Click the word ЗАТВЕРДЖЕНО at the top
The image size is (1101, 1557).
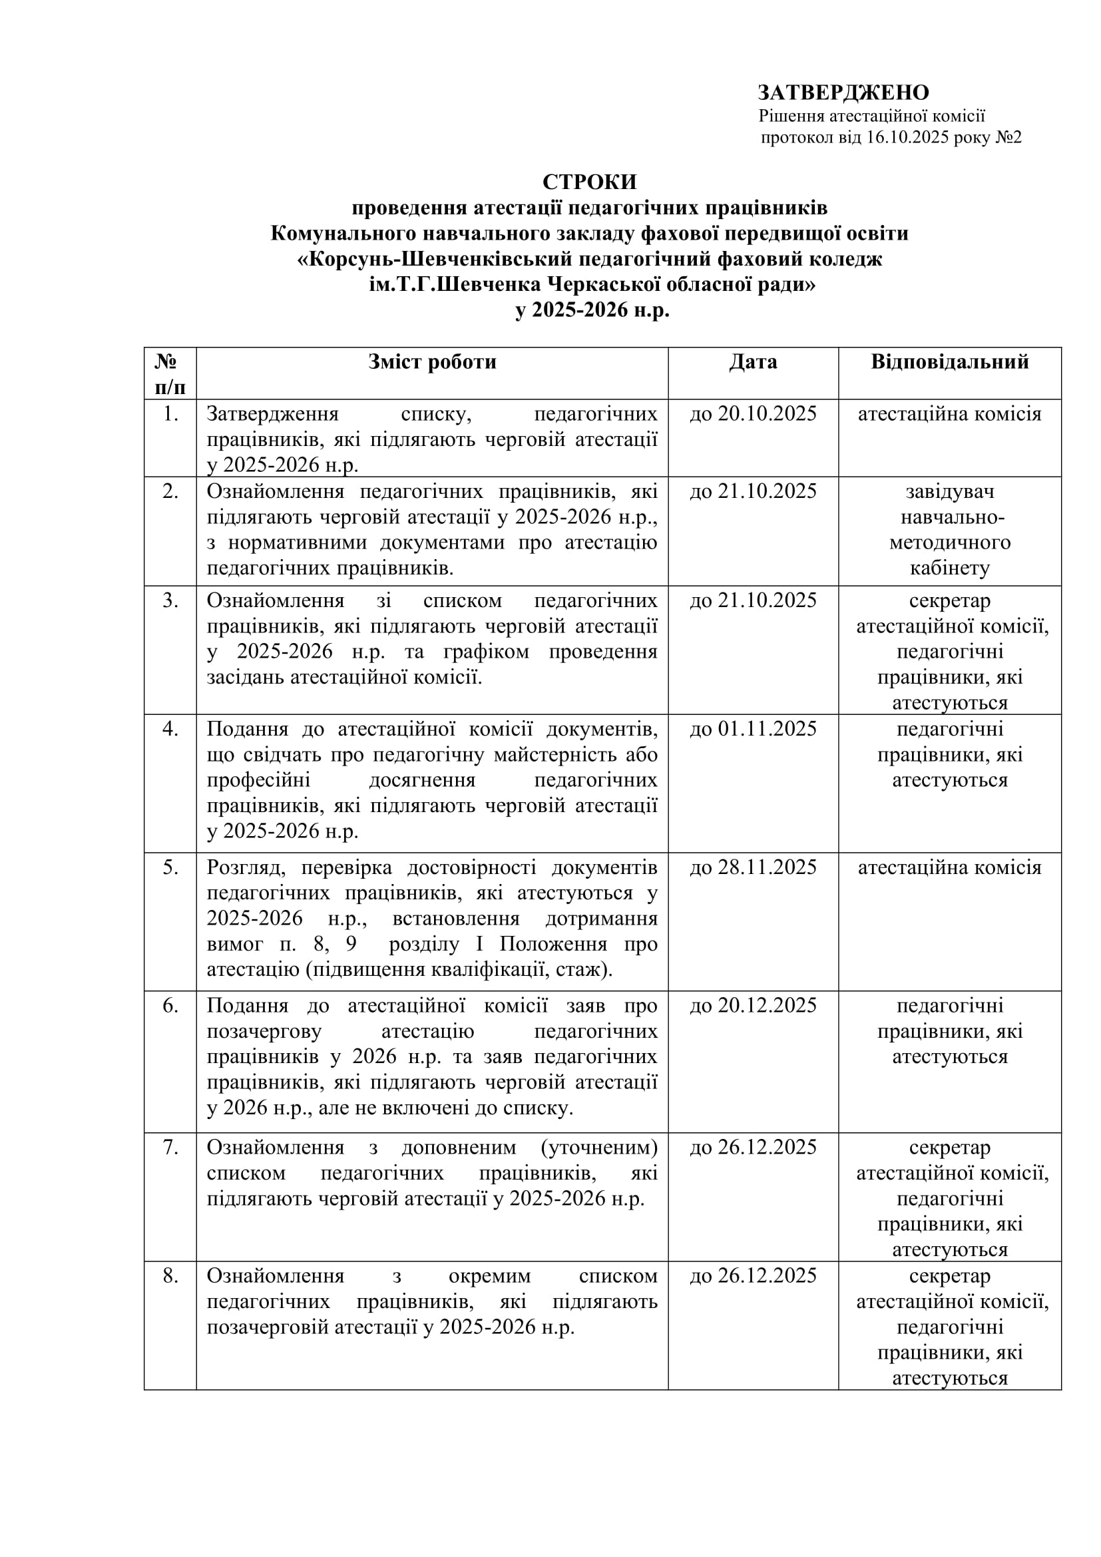click(x=843, y=93)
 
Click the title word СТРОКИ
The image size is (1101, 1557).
click(x=589, y=182)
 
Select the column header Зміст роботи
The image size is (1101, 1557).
click(x=432, y=362)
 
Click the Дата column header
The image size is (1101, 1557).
click(x=753, y=362)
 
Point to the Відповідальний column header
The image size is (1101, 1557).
click(x=949, y=362)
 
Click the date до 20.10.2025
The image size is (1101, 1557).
click(x=753, y=413)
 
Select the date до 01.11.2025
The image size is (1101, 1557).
click(x=753, y=729)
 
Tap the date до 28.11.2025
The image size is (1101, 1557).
click(x=753, y=867)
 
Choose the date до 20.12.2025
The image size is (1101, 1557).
click(x=753, y=1006)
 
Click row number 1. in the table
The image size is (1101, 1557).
click(x=170, y=413)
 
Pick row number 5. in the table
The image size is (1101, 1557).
click(x=170, y=867)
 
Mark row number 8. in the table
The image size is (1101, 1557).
click(x=170, y=1275)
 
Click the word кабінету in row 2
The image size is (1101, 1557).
click(x=949, y=568)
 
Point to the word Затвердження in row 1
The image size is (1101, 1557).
click(x=272, y=413)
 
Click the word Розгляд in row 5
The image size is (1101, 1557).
click(x=248, y=867)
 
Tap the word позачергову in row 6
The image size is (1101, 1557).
click(x=264, y=1031)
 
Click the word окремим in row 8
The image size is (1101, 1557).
click(x=489, y=1275)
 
